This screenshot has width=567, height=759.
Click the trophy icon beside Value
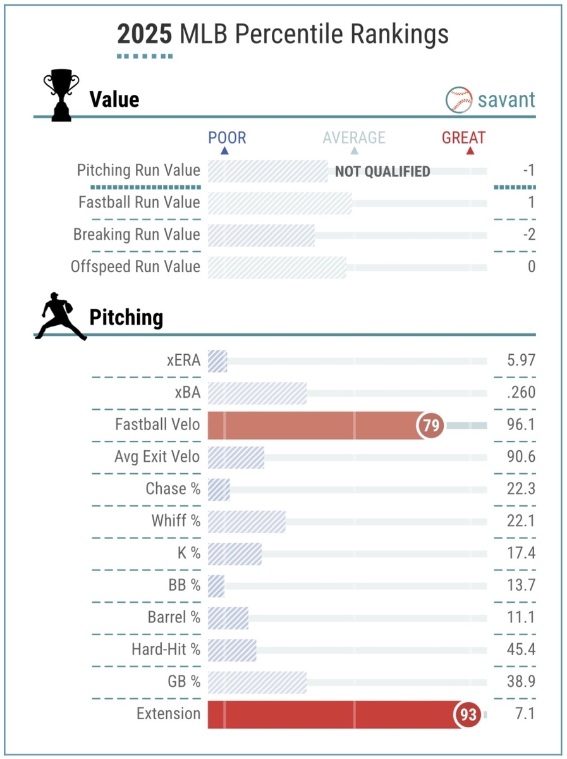coord(61,97)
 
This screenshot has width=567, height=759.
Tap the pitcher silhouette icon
coord(60,316)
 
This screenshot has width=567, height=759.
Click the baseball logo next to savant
coord(459,99)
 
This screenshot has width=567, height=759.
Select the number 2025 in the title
coord(144,34)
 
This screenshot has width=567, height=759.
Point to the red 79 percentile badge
coord(431,426)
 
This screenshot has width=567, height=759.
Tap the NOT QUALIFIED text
coord(382,171)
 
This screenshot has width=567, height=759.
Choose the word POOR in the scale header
coord(227,138)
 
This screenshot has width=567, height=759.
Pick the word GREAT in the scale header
coord(464,138)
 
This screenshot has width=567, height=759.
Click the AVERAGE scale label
coord(354,138)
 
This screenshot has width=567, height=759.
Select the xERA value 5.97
coord(521,361)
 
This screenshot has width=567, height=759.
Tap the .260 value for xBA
coord(521,393)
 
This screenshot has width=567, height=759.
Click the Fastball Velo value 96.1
coord(521,424)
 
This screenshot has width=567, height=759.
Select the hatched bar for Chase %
coord(219,490)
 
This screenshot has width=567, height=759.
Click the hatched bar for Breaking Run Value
coord(261,235)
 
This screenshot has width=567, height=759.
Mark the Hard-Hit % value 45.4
coord(521,650)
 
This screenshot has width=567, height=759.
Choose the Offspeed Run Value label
coord(135,267)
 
